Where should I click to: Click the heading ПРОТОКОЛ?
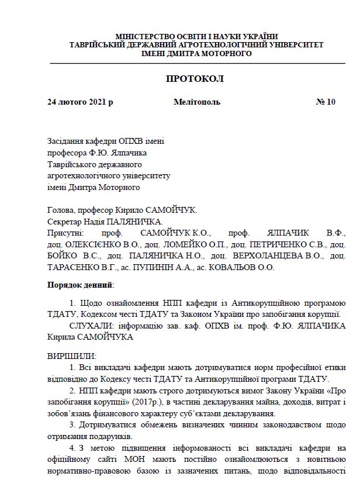click(x=195, y=78)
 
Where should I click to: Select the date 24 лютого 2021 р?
click(x=80, y=102)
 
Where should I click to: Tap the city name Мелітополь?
click(x=197, y=102)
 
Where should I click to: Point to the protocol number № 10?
click(x=326, y=102)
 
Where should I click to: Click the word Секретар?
click(x=62, y=222)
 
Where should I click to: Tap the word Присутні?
click(x=64, y=233)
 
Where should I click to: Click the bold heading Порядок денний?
click(x=80, y=285)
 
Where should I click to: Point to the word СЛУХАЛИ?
click(x=89, y=325)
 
